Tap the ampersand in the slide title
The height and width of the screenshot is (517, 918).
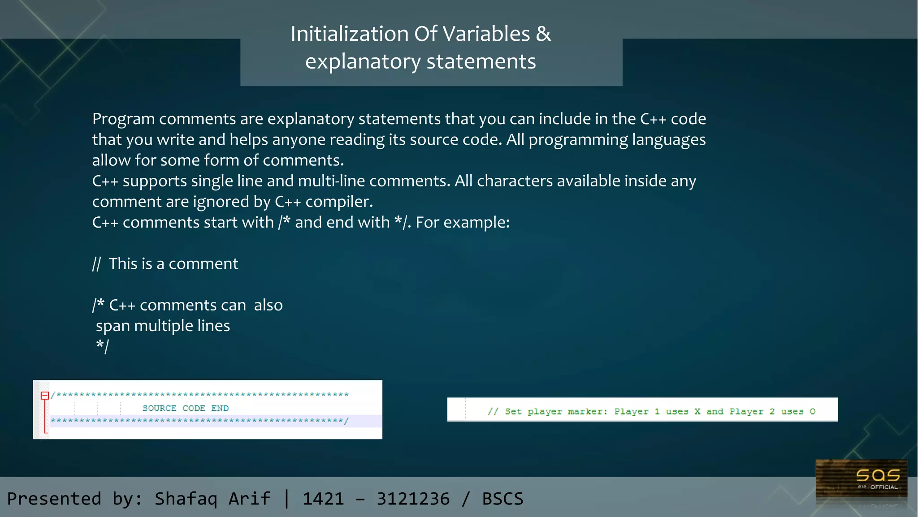[543, 34]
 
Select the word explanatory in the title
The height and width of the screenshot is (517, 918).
[363, 62]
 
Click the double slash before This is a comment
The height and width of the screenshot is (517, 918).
[96, 264]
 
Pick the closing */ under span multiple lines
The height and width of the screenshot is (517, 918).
[103, 346]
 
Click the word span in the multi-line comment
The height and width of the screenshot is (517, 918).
[113, 326]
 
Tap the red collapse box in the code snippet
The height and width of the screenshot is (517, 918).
[45, 395]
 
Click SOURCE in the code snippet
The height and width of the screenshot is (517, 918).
[159, 408]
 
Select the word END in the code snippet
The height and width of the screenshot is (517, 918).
[220, 408]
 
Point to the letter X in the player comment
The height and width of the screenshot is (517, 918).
[697, 411]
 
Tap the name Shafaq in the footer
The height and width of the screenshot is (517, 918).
[186, 499]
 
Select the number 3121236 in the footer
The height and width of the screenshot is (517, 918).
[413, 499]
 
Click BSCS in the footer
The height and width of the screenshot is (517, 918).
[502, 499]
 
